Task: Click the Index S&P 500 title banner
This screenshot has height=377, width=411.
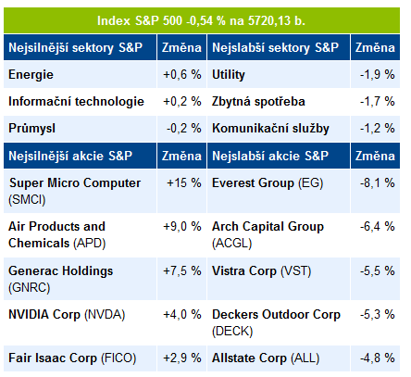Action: coord(202,20)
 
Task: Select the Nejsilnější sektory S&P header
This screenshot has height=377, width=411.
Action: coord(76,47)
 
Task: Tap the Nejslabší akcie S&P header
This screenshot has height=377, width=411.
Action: coord(270,156)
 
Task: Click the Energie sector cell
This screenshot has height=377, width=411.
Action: coord(31,75)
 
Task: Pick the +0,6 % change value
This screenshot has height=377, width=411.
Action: coord(182,75)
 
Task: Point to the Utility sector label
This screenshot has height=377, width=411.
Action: coord(229,75)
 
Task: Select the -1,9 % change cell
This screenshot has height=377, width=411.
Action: coord(377,75)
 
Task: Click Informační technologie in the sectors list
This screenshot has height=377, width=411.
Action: coord(76,102)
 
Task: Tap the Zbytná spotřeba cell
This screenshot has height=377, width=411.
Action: coord(258,102)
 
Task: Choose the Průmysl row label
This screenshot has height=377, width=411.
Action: coord(31,129)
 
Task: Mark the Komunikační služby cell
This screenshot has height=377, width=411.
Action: coord(270,129)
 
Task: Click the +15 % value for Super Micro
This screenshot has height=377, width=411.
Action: coord(184,183)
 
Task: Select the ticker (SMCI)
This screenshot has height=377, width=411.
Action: coord(27,199)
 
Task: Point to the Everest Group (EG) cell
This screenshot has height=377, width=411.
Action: coord(268,183)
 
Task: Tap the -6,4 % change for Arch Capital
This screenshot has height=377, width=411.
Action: coord(377,227)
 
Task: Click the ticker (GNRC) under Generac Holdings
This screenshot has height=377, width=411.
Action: coord(30,288)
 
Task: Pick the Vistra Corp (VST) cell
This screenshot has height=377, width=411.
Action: coord(262,271)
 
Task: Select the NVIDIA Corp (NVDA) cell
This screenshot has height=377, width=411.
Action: coord(67,315)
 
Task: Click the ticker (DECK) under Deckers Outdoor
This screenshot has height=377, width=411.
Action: coord(232,332)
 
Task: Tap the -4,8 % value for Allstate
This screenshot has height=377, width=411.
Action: coord(377,358)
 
